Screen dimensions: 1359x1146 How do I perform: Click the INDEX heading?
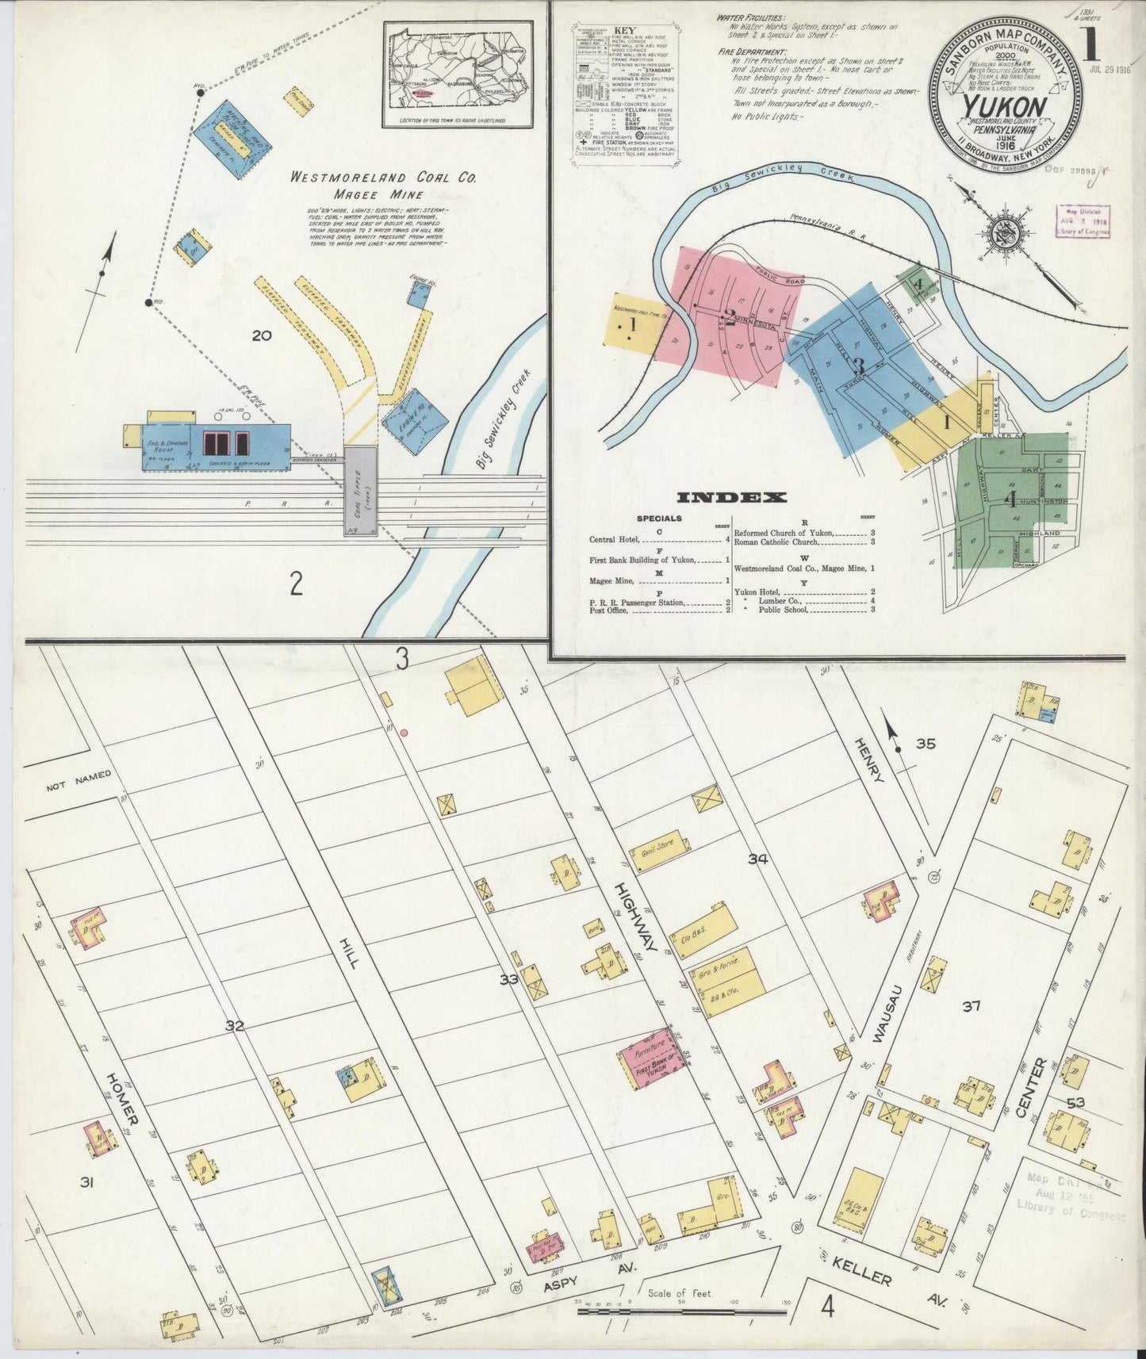(x=731, y=498)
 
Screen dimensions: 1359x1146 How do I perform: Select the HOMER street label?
(x=124, y=1098)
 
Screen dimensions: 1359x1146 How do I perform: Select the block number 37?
(x=972, y=1007)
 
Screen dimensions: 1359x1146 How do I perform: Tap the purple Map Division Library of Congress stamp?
(x=1083, y=221)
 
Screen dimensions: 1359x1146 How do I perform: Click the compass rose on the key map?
(x=1002, y=234)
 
